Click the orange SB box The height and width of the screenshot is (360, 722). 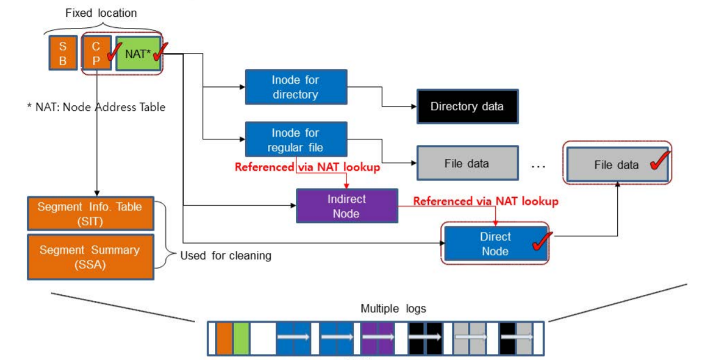pos(62,53)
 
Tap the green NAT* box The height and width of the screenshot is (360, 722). pos(138,54)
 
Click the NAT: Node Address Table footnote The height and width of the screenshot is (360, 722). pos(96,107)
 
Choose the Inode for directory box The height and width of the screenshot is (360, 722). pos(296,87)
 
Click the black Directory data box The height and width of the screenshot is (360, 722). pos(467,106)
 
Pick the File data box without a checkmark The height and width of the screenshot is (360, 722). pos(467,163)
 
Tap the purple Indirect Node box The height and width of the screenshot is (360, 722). pos(347,206)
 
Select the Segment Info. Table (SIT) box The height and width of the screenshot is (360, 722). pos(90,213)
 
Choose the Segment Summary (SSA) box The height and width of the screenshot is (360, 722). pos(90,257)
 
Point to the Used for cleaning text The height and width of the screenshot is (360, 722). pos(226,256)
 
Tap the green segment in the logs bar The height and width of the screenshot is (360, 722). pos(241,338)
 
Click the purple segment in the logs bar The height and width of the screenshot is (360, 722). pos(378,338)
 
